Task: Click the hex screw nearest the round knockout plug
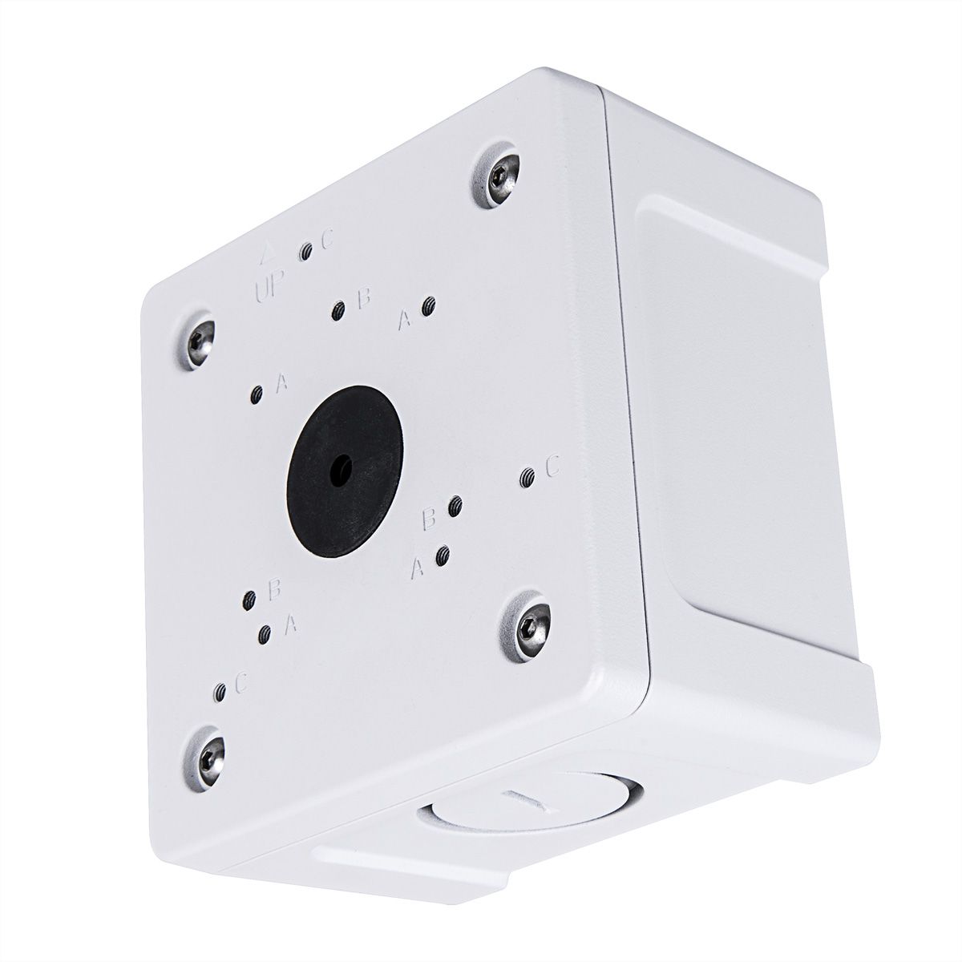[528, 628]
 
